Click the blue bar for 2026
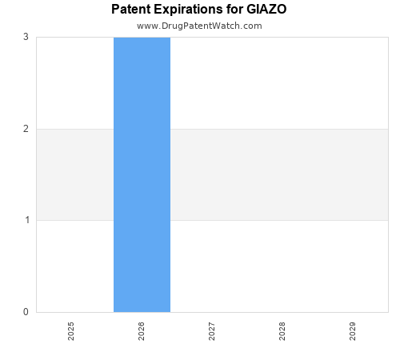coord(142,174)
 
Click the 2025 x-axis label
coord(71,331)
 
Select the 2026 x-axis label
coord(142,331)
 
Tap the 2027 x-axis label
coord(212,331)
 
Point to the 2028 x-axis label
coord(282,331)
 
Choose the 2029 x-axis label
coord(353,331)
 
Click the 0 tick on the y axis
coord(26,312)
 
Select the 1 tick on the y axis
coord(26,220)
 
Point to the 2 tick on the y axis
coord(26,129)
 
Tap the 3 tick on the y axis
coord(26,37)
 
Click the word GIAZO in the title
coord(266,10)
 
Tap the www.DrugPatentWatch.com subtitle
coord(199,26)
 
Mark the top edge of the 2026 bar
coord(142,38)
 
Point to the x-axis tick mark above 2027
coord(212,314)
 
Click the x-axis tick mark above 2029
coord(353,314)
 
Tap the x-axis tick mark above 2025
coord(71,314)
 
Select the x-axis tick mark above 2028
coord(282,314)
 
